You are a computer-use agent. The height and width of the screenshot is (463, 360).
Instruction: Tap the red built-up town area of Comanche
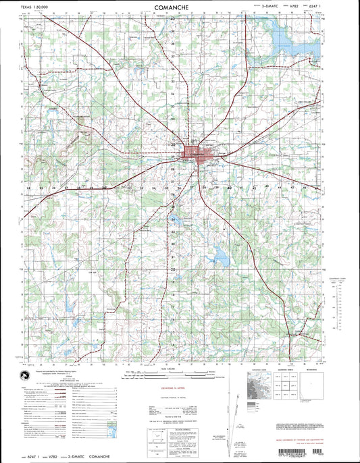[196, 153]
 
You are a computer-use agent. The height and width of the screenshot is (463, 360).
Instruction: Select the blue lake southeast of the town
[220, 256]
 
